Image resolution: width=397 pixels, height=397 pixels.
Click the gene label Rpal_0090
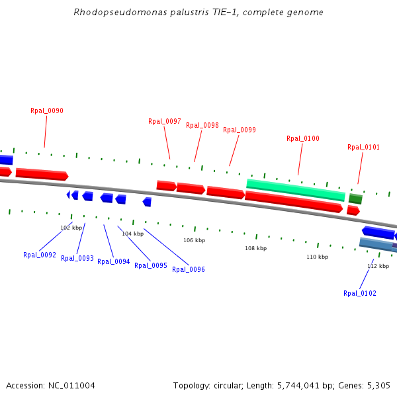click(47, 110)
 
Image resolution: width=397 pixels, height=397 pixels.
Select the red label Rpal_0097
click(165, 121)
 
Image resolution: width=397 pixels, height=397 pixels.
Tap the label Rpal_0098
click(202, 125)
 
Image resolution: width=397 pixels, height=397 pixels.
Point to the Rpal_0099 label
click(240, 130)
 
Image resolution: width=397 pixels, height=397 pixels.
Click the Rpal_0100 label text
click(303, 138)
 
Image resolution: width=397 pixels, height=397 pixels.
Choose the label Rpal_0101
click(364, 147)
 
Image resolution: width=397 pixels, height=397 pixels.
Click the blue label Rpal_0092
click(40, 255)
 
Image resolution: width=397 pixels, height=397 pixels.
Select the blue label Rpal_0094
click(114, 261)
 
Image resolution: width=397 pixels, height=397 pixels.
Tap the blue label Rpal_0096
click(189, 269)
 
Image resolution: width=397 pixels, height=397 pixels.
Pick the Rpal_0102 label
click(360, 293)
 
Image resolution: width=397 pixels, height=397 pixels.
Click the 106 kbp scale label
click(194, 240)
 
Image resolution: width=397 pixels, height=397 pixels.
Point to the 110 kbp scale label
click(317, 257)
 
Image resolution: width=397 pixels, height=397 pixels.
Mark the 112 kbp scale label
click(378, 266)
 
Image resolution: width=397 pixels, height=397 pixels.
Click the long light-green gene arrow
click(296, 189)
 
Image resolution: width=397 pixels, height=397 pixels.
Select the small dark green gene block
click(355, 198)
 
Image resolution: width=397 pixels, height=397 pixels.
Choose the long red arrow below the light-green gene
click(294, 201)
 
